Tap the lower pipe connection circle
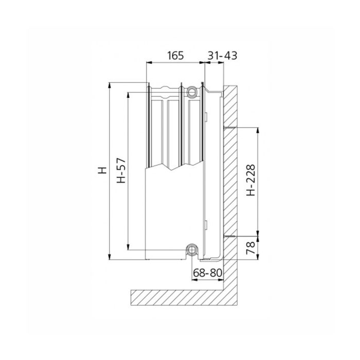coord(192,250)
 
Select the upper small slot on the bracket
coord(205,117)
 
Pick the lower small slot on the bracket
coord(205,224)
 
